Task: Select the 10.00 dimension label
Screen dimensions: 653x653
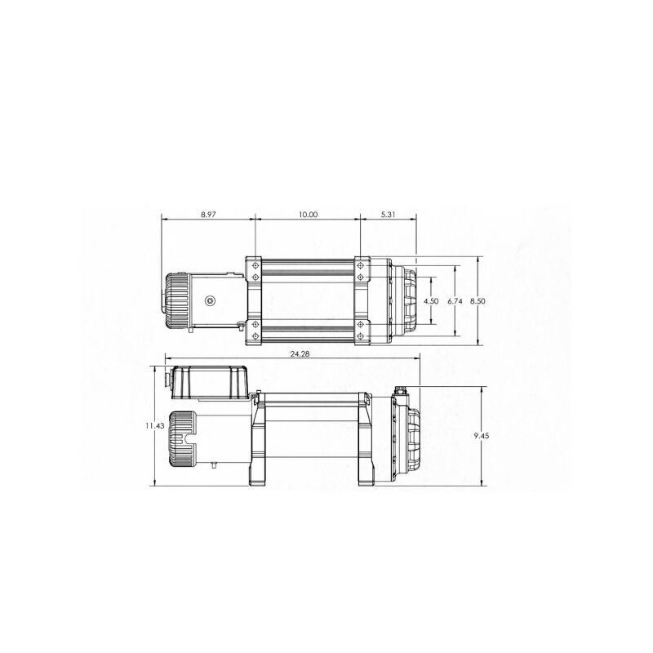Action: [x=308, y=215]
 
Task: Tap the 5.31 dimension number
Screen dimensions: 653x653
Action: [x=389, y=215]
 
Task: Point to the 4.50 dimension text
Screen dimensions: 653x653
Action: [x=432, y=301]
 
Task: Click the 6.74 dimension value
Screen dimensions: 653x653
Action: [x=455, y=301]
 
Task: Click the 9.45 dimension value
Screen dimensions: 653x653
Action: [x=482, y=437]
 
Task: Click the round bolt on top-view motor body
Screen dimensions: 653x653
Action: [x=210, y=300]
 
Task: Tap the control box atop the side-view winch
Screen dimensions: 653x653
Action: [x=209, y=383]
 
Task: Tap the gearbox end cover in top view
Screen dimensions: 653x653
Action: [x=406, y=301]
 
